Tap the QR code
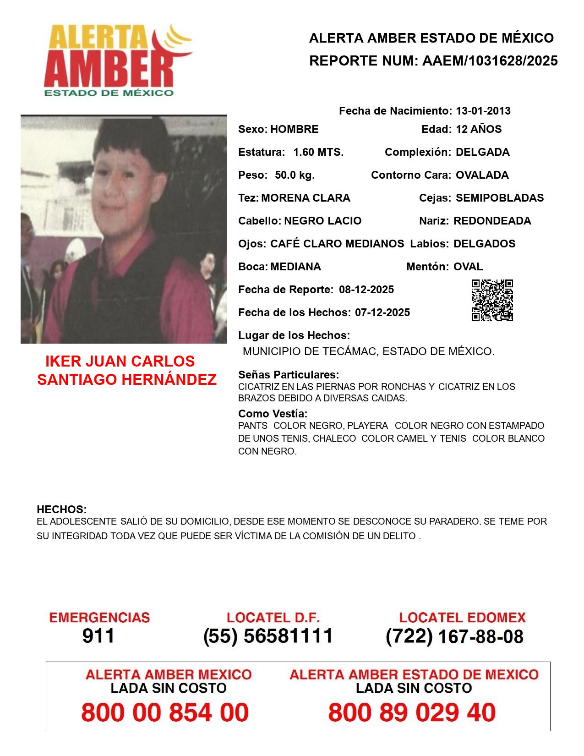click(492, 300)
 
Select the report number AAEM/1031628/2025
click(490, 61)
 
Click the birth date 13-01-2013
click(483, 111)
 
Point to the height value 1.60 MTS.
click(318, 152)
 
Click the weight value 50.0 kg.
click(295, 175)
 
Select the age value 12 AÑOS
click(479, 129)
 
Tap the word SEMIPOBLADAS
click(500, 198)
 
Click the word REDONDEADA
click(492, 221)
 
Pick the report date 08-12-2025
click(366, 290)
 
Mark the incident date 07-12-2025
click(382, 312)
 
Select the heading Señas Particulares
click(289, 375)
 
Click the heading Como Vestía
click(273, 414)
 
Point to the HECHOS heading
click(62, 509)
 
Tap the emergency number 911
click(98, 636)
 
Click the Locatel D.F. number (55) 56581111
click(268, 636)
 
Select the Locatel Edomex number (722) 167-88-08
click(454, 636)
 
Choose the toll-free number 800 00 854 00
click(165, 712)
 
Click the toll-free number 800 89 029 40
click(412, 712)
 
